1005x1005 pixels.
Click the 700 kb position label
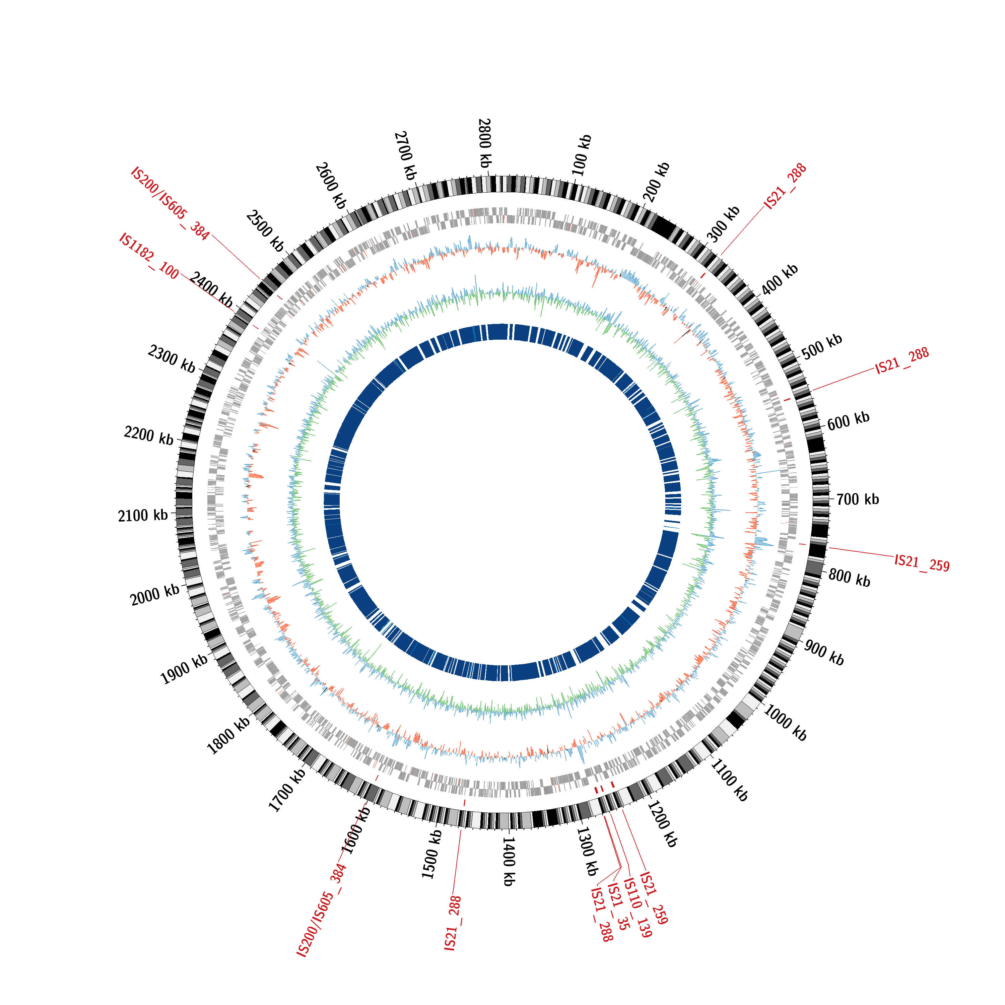tap(858, 499)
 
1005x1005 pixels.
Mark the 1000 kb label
tap(785, 723)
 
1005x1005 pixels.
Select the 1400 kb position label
tap(509, 861)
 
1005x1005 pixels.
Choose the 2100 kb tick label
tap(143, 515)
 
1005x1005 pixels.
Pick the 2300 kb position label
tap(172, 359)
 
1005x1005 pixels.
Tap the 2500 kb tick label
tap(266, 231)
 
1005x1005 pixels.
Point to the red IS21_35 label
tap(618, 906)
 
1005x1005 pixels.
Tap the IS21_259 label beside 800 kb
tap(922, 563)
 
